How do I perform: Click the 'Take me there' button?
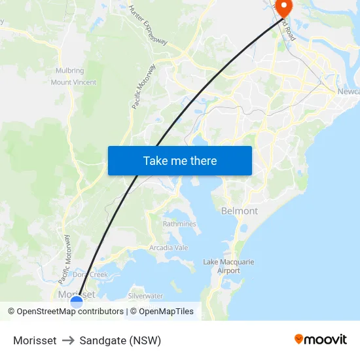tap(180, 160)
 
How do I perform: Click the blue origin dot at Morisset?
tap(77, 301)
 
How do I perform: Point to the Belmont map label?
tap(240, 211)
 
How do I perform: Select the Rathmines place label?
tap(179, 224)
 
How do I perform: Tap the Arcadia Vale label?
tap(168, 247)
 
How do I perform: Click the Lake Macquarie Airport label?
tap(228, 266)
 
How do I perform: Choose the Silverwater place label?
tap(145, 297)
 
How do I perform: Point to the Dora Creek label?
tap(90, 274)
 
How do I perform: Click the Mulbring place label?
tap(70, 71)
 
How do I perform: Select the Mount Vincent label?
tap(73, 82)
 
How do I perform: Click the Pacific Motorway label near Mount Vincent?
tap(143, 86)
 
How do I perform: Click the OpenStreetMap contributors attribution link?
tap(69, 312)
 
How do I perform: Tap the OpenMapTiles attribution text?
tap(166, 312)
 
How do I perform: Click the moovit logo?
tap(321, 339)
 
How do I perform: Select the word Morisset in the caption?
tap(35, 340)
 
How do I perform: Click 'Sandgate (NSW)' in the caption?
tap(120, 340)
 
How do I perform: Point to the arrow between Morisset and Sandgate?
tap(68, 340)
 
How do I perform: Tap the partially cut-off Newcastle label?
tap(348, 92)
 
